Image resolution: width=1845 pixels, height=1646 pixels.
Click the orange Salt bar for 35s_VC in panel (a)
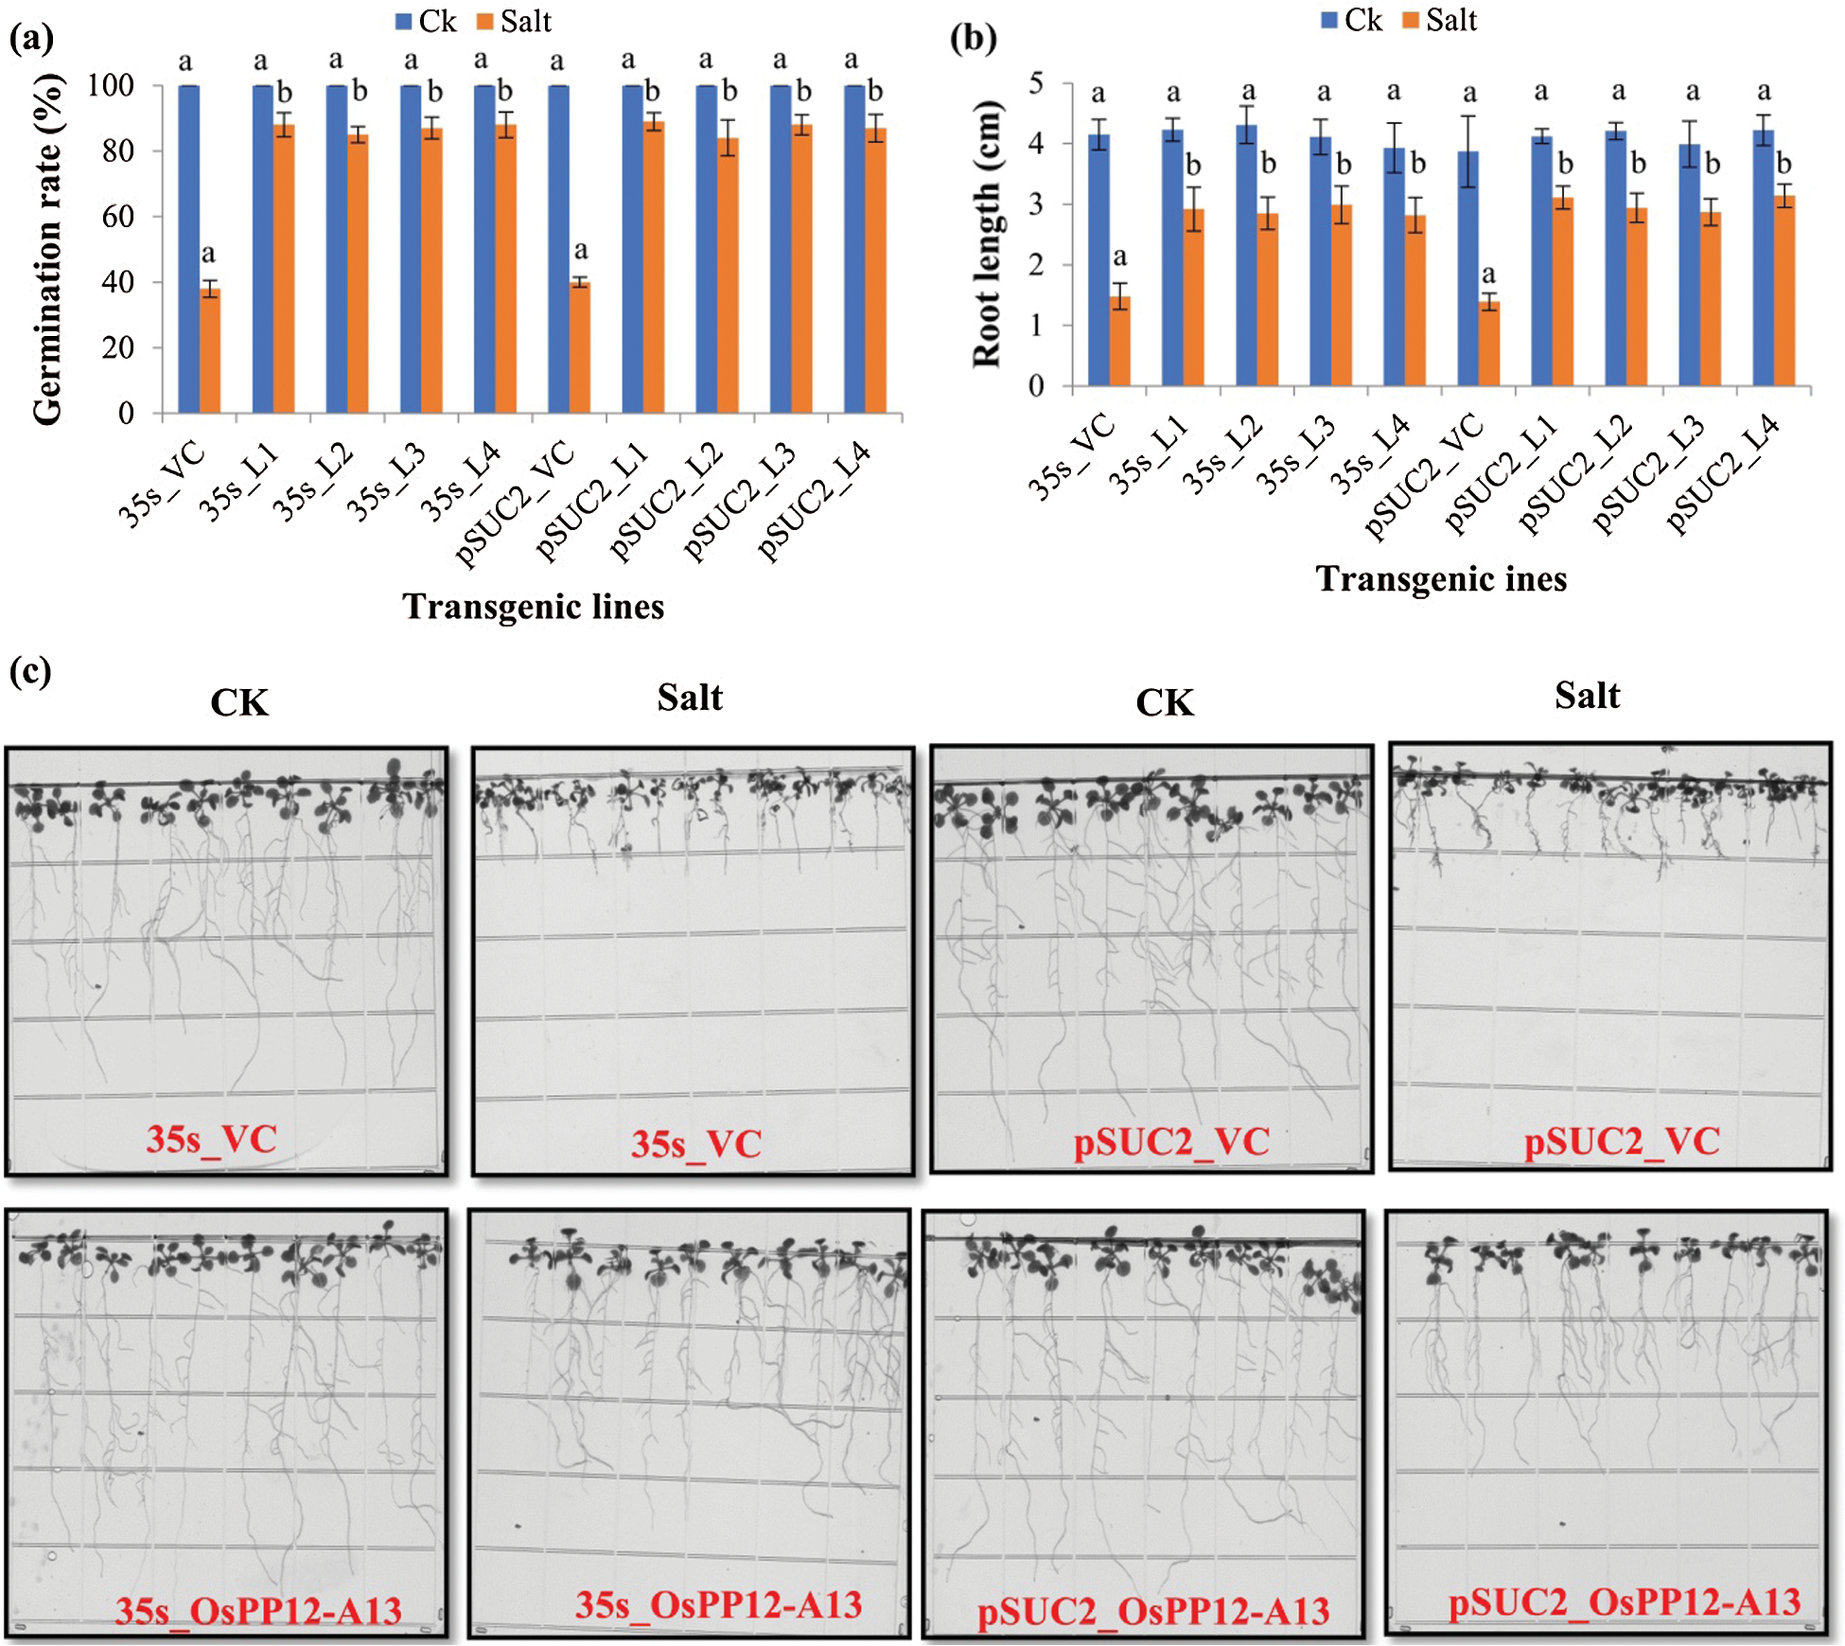point(209,350)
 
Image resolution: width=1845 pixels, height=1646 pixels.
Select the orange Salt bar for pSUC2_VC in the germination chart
point(579,347)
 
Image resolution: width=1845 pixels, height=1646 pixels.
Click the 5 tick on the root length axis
point(1036,83)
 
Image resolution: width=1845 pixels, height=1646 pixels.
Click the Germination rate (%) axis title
point(47,249)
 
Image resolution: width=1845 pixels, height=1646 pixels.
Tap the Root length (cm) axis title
point(986,233)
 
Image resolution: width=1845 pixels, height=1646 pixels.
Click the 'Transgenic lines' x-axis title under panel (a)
point(533,607)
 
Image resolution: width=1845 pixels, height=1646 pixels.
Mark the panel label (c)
point(30,671)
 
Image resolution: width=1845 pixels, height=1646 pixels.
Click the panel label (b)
point(973,38)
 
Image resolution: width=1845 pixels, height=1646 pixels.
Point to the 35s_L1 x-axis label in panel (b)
point(1147,455)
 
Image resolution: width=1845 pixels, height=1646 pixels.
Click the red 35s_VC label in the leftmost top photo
point(211,1139)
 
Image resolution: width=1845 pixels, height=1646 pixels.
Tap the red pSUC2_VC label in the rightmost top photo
point(1621,1142)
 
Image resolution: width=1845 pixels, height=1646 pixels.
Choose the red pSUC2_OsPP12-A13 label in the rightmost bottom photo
point(1624,1602)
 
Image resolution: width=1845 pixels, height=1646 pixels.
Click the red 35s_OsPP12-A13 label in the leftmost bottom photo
point(258,1610)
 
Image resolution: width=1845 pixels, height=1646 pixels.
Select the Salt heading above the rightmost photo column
point(1587,696)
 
